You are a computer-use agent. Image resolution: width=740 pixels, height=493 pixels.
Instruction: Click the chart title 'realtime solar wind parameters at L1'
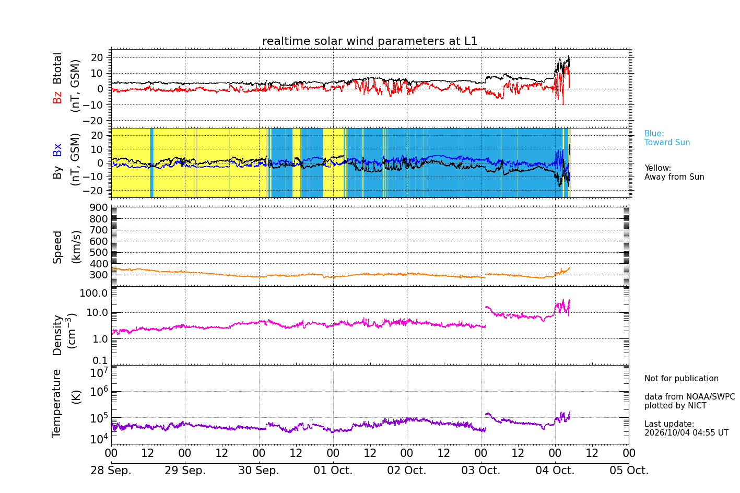(370, 41)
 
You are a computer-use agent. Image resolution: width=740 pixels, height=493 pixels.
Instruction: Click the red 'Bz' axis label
(57, 96)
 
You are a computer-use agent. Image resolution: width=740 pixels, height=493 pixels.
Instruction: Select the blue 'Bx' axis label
(57, 150)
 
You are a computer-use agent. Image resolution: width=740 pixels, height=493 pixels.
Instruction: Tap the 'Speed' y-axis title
(57, 247)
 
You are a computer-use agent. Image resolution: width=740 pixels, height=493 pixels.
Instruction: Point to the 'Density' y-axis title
(57, 335)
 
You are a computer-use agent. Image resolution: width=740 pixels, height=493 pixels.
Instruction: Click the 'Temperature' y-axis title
(56, 404)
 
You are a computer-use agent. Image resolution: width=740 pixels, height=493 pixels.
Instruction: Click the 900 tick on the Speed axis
(99, 207)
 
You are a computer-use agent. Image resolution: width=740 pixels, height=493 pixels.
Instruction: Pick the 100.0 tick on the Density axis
(93, 293)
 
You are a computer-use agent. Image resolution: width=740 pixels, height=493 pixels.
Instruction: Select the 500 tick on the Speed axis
(99, 252)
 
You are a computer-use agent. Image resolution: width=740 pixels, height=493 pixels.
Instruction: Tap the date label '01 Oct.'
(333, 470)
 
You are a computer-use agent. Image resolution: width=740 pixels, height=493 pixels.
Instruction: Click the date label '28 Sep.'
(111, 470)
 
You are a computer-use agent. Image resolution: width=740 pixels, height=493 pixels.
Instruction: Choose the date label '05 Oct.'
(629, 470)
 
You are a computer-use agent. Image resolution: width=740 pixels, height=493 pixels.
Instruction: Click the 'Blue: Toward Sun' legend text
(667, 138)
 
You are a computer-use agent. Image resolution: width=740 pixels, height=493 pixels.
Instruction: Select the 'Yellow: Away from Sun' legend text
(674, 172)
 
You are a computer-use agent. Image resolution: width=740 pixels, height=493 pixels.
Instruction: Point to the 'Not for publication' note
(681, 378)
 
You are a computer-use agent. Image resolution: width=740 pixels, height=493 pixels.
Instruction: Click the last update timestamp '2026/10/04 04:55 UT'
(686, 432)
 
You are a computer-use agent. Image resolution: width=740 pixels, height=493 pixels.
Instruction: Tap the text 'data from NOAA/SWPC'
(689, 396)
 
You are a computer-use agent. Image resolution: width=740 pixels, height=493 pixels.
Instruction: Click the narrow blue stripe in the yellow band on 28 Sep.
(151, 163)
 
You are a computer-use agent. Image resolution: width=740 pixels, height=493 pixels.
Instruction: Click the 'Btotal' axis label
(57, 68)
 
